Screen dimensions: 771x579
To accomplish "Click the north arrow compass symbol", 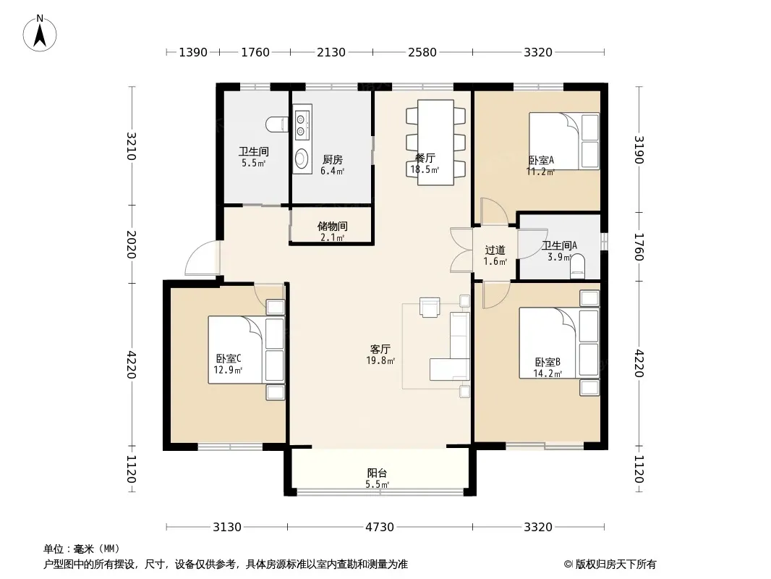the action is pyautogui.click(x=40, y=33).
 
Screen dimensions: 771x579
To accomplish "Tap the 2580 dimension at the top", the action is pyautogui.click(x=422, y=52).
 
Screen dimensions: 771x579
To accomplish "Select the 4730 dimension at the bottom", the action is pyautogui.click(x=379, y=528).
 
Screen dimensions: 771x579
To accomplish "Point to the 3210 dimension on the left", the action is pyautogui.click(x=132, y=146).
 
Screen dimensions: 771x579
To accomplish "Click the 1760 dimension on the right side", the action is pyautogui.click(x=639, y=247).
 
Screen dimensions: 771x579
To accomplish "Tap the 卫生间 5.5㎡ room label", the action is pyautogui.click(x=254, y=158).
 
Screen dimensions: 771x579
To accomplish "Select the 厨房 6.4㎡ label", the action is pyautogui.click(x=333, y=165).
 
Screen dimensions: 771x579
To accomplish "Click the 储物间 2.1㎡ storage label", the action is pyautogui.click(x=333, y=232).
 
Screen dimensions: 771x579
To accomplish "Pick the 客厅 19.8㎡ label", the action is pyautogui.click(x=380, y=355).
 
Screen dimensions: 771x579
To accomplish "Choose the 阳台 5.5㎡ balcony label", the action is pyautogui.click(x=377, y=478).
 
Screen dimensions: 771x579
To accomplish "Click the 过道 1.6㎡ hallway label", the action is pyautogui.click(x=495, y=255).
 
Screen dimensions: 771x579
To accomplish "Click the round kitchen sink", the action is pyautogui.click(x=302, y=159).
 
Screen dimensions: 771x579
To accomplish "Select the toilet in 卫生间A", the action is pyautogui.click(x=578, y=266).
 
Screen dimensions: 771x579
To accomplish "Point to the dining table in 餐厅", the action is pyautogui.click(x=435, y=143).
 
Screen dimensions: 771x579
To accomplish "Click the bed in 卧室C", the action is pyautogui.click(x=247, y=350).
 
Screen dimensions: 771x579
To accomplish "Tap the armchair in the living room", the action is pyautogui.click(x=430, y=307).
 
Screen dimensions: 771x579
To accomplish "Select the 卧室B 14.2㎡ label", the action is pyautogui.click(x=548, y=368).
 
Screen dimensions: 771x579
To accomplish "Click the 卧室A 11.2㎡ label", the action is pyautogui.click(x=541, y=166).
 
